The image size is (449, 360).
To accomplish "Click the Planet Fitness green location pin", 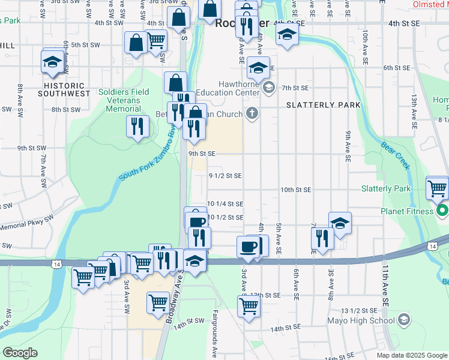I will tap(442, 211).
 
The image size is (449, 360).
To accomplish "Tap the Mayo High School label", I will tap(361, 320).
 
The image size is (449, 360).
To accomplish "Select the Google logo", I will tap(20, 353).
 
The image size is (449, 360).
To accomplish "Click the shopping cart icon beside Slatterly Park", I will tap(438, 188).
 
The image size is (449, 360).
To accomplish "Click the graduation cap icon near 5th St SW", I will tap(52, 61).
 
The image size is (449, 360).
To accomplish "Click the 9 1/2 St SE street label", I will tap(225, 176).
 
